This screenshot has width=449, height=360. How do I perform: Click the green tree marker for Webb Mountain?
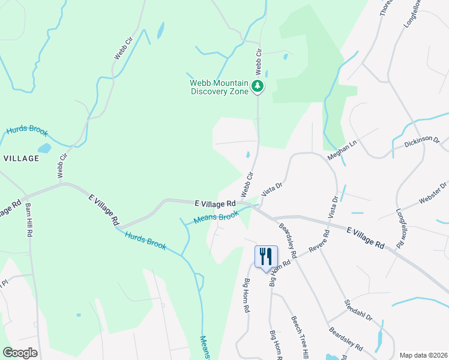[258, 86]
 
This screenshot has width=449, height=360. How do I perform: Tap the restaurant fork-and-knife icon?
[265, 257]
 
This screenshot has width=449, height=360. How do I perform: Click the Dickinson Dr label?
[422, 143]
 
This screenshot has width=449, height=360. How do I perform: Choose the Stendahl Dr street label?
[358, 309]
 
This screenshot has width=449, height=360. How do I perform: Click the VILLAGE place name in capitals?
[22, 158]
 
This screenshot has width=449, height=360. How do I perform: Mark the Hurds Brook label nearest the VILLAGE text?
[26, 131]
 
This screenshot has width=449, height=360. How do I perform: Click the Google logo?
[20, 353]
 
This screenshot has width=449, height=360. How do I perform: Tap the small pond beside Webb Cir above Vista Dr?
[248, 155]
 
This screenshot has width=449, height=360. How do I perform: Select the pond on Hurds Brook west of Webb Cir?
[44, 148]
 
